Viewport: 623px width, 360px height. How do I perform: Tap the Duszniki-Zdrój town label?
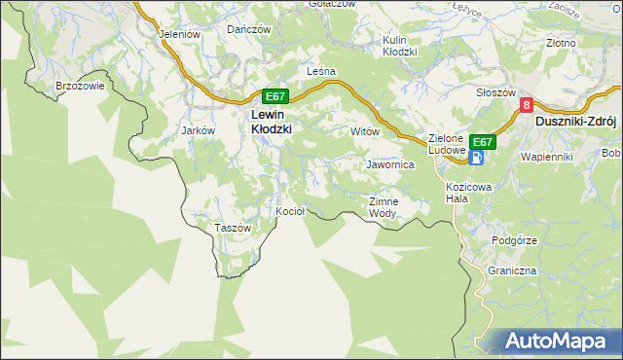tap(577, 123)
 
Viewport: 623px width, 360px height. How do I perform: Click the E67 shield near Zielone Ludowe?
tap(483, 141)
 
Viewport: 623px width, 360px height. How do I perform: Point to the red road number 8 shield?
tap(527, 105)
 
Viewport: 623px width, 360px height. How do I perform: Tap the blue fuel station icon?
tap(479, 157)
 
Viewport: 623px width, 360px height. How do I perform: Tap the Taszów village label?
tap(233, 228)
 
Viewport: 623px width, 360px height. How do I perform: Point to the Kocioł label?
tap(291, 211)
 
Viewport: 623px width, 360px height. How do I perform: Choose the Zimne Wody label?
tap(383, 207)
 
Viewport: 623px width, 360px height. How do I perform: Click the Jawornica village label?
tap(390, 165)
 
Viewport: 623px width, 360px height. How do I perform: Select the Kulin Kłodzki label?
tap(399, 46)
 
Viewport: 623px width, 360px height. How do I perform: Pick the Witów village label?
tap(364, 130)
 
